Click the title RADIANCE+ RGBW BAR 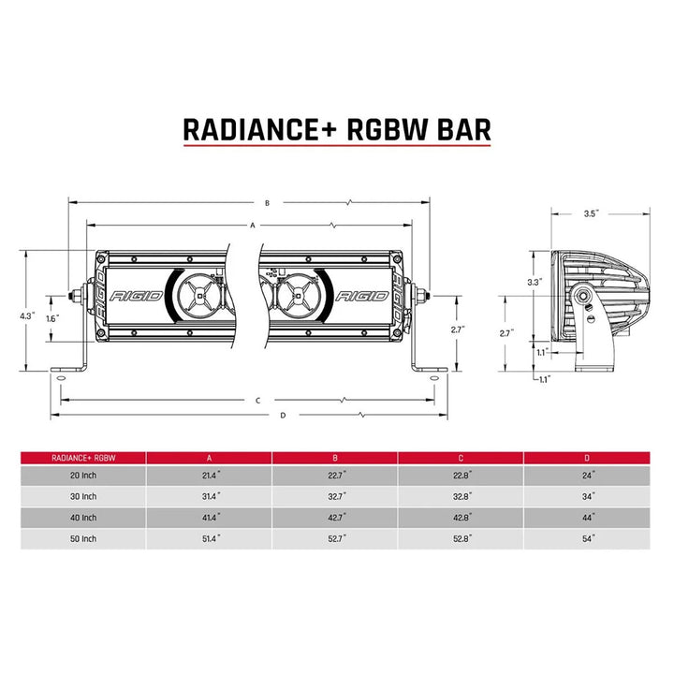(x=336, y=128)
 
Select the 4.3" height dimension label (x=27, y=316)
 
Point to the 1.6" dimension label (x=51, y=318)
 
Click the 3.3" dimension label (x=535, y=282)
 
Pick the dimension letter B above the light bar (x=267, y=201)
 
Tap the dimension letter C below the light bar (x=256, y=400)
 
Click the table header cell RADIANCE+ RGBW (x=81, y=458)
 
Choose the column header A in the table (x=208, y=458)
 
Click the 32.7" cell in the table (x=334, y=497)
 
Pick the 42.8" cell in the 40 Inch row (x=461, y=518)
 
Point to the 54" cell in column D (x=587, y=539)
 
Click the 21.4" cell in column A (x=208, y=476)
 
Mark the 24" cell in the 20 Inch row (x=587, y=476)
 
